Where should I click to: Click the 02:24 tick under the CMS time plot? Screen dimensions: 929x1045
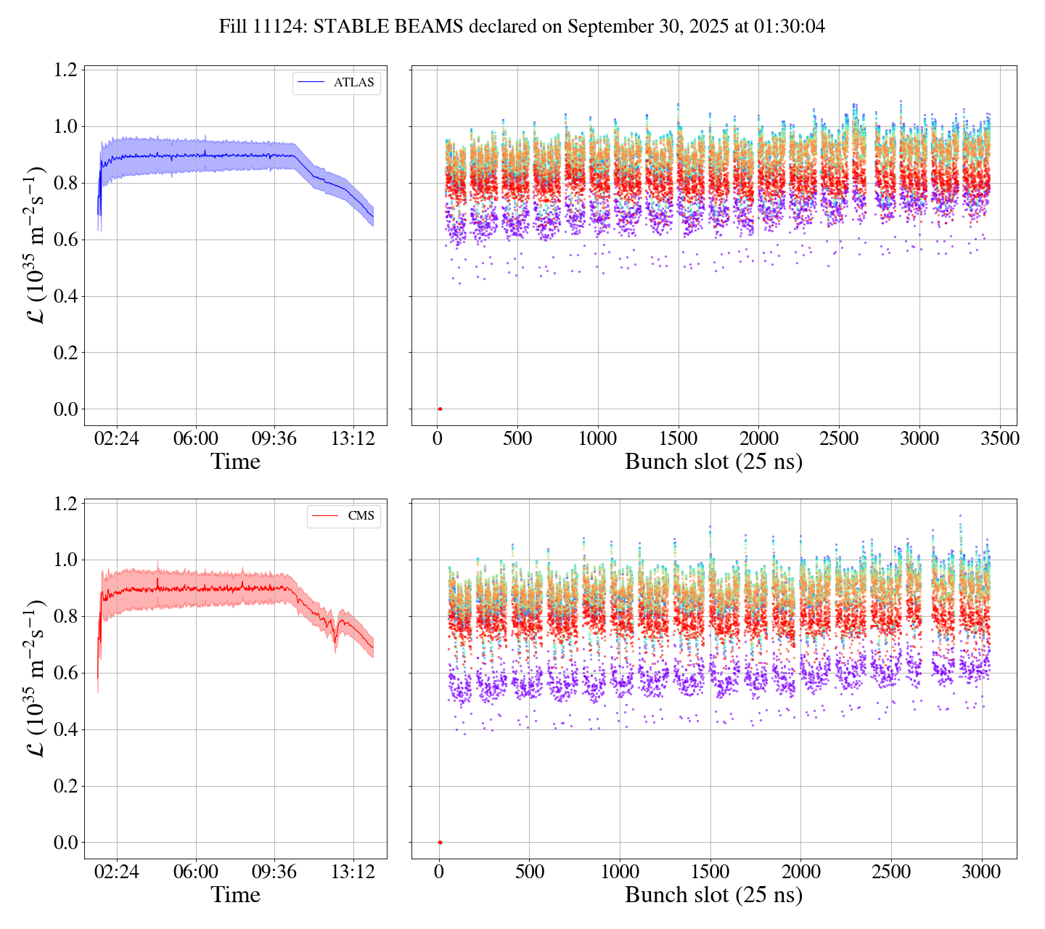click(x=117, y=872)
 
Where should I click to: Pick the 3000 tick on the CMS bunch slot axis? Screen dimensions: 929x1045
click(x=982, y=872)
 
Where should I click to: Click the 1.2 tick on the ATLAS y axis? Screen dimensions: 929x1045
click(x=66, y=70)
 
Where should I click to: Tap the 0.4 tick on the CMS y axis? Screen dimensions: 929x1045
click(x=66, y=730)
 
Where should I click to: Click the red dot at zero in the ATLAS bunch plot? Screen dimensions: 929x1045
click(x=440, y=409)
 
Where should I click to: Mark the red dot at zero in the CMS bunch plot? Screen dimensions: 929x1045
click(x=440, y=843)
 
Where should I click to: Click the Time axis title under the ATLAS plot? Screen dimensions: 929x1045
click(x=235, y=462)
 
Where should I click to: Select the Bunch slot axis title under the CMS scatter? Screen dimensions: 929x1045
click(x=713, y=895)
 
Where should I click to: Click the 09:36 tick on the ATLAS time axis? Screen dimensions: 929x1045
click(x=274, y=438)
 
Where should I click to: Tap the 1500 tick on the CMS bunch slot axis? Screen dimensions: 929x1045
click(x=710, y=872)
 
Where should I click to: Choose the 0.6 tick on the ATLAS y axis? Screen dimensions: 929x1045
click(x=66, y=240)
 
